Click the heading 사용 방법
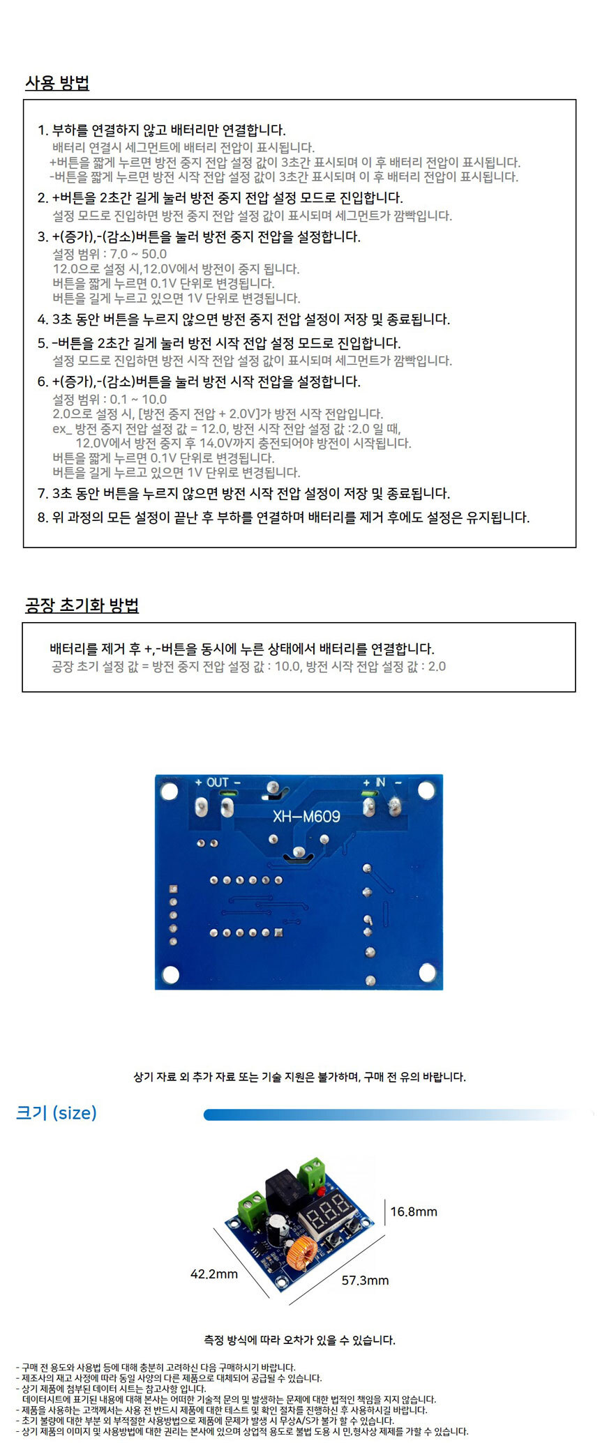57,83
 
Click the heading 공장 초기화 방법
82,605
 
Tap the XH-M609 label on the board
306,816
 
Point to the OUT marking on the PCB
218,783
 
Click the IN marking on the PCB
380,783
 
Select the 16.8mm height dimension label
413,1211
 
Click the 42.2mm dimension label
214,1274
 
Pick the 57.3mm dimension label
365,1280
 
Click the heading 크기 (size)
57,1112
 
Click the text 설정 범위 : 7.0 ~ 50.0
110,254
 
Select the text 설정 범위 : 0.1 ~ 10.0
110,400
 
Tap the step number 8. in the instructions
43,517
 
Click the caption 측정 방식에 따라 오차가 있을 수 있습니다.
299,1340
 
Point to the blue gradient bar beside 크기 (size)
391,1115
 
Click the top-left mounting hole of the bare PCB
170,792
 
